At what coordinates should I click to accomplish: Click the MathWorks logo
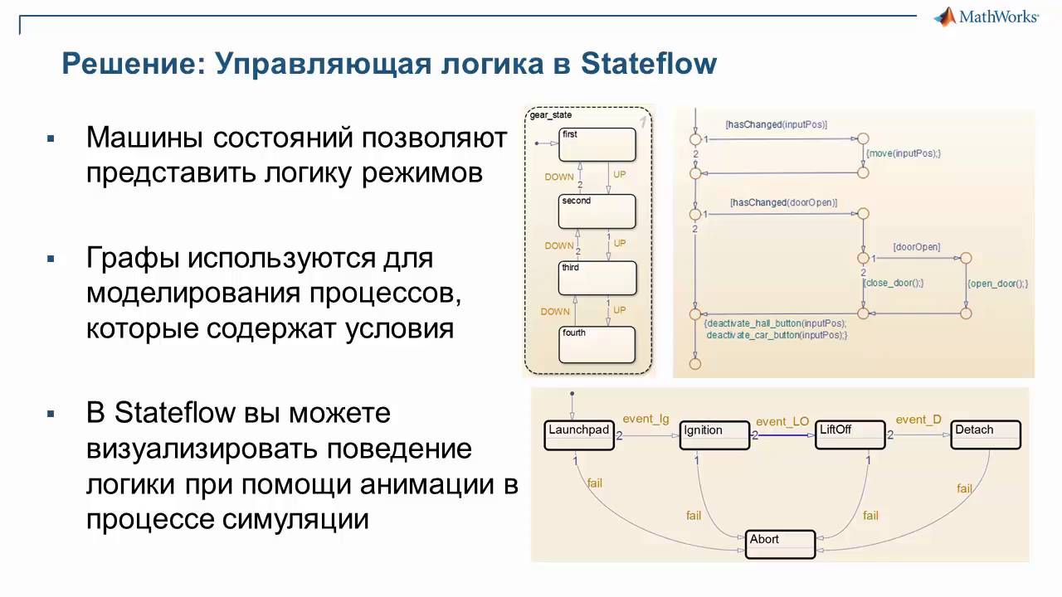[x=986, y=17]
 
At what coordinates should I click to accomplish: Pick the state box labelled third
[x=597, y=279]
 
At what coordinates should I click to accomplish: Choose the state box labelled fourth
[x=597, y=344]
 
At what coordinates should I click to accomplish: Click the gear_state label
[x=551, y=115]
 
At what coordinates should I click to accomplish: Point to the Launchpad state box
[x=578, y=435]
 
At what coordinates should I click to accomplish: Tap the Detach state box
[x=985, y=435]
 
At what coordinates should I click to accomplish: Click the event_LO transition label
[x=782, y=421]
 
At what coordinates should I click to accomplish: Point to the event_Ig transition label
[x=645, y=419]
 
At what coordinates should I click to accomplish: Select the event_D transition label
[x=918, y=420]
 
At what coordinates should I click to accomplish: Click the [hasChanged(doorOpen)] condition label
[x=783, y=202]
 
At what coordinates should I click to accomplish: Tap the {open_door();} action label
[x=997, y=284]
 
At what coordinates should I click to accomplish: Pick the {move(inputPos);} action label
[x=903, y=153]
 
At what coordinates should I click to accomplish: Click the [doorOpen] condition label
[x=916, y=247]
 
